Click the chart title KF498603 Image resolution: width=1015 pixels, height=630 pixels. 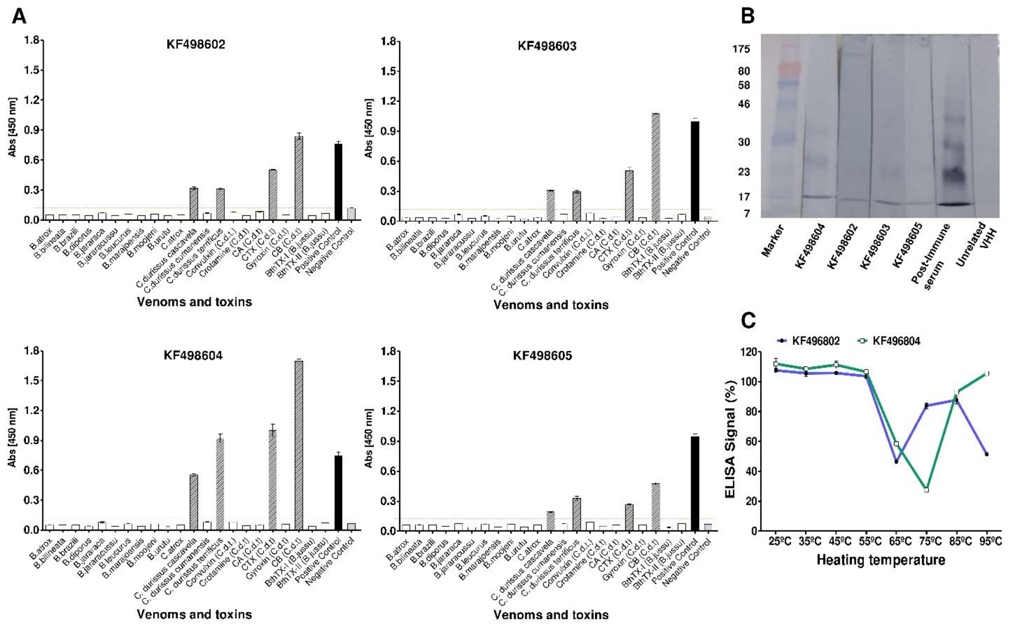click(547, 46)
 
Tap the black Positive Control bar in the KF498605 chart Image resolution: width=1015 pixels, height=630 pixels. click(695, 483)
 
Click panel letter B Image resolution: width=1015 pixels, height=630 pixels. click(748, 17)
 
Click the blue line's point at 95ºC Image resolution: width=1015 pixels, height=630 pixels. click(987, 454)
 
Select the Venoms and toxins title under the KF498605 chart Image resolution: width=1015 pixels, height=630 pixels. click(551, 615)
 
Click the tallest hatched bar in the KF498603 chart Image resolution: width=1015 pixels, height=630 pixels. click(655, 167)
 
